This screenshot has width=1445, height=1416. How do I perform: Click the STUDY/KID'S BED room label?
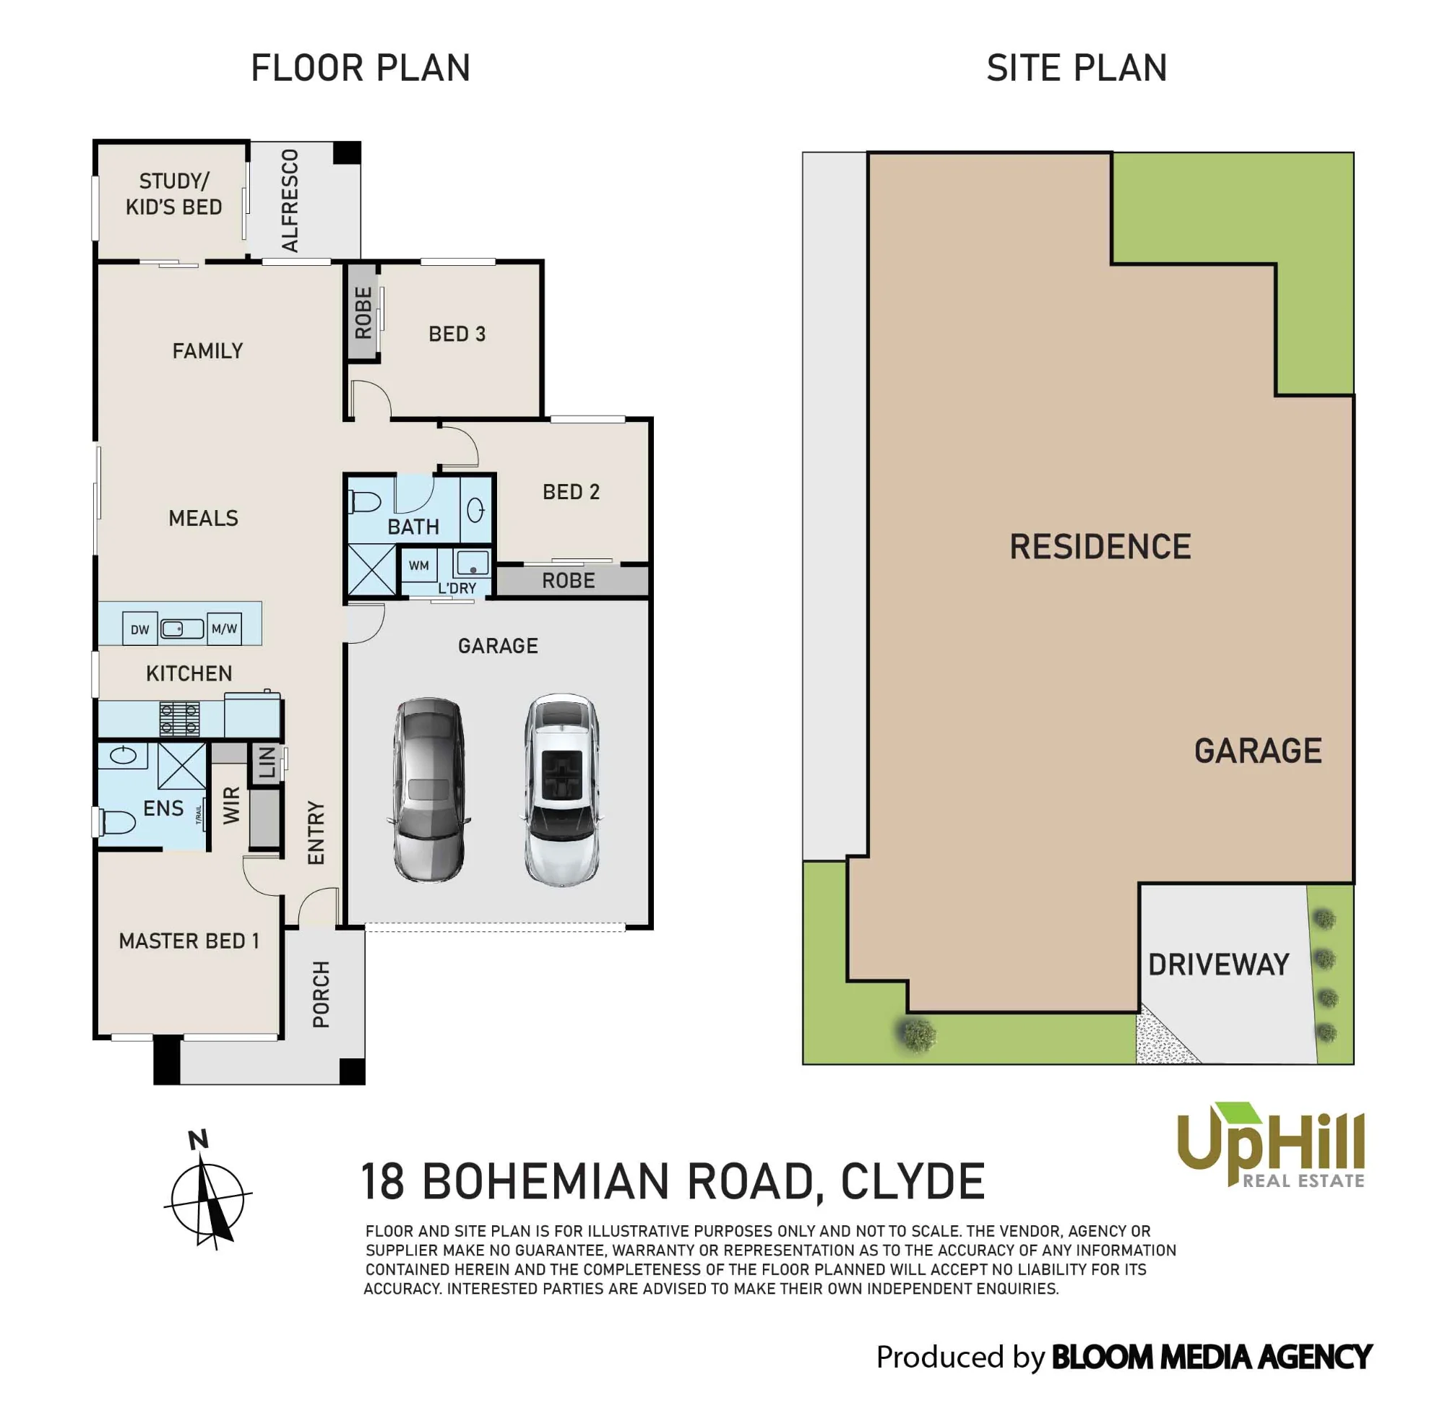(x=173, y=194)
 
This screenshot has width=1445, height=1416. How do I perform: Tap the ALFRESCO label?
(x=290, y=201)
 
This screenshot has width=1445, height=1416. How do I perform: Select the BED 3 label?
(x=457, y=334)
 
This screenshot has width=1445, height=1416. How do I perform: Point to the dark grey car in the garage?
(x=428, y=790)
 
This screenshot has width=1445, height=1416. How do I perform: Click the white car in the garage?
(x=561, y=790)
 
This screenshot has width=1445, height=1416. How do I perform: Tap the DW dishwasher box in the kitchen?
(x=140, y=629)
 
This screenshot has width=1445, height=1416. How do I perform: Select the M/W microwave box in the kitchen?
(x=224, y=629)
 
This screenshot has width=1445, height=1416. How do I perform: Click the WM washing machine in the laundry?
(x=419, y=565)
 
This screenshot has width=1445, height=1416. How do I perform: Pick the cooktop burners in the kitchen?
(x=179, y=718)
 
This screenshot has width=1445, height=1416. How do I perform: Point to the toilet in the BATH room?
(x=365, y=504)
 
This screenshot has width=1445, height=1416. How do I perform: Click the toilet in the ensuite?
(x=116, y=822)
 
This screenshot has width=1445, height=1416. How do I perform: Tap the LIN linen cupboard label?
(x=267, y=763)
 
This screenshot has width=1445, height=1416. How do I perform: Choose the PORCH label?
(x=322, y=994)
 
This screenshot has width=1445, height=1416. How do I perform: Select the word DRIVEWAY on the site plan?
(x=1218, y=964)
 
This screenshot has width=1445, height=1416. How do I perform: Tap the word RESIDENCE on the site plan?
(x=1100, y=547)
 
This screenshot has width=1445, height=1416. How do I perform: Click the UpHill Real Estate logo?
(x=1271, y=1145)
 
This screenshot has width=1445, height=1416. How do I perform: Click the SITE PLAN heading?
(x=1077, y=69)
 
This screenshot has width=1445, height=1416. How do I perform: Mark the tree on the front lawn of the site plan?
(x=917, y=1035)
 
